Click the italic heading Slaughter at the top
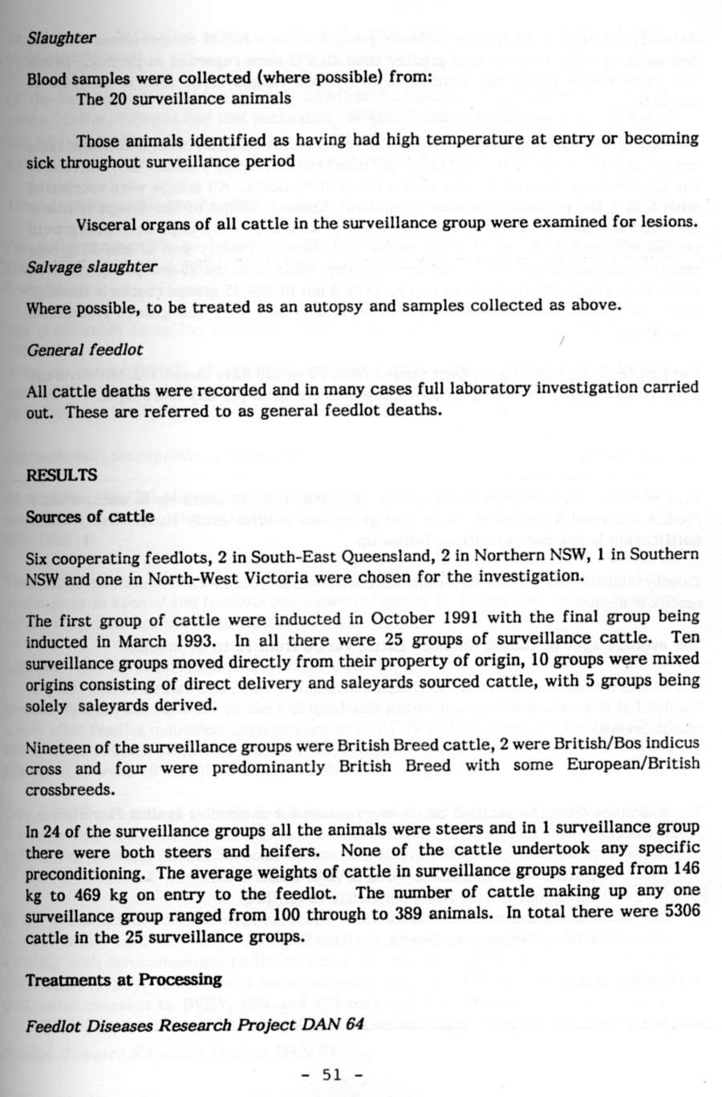point(61,38)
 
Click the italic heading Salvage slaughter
point(91,266)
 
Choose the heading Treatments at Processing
point(124,979)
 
